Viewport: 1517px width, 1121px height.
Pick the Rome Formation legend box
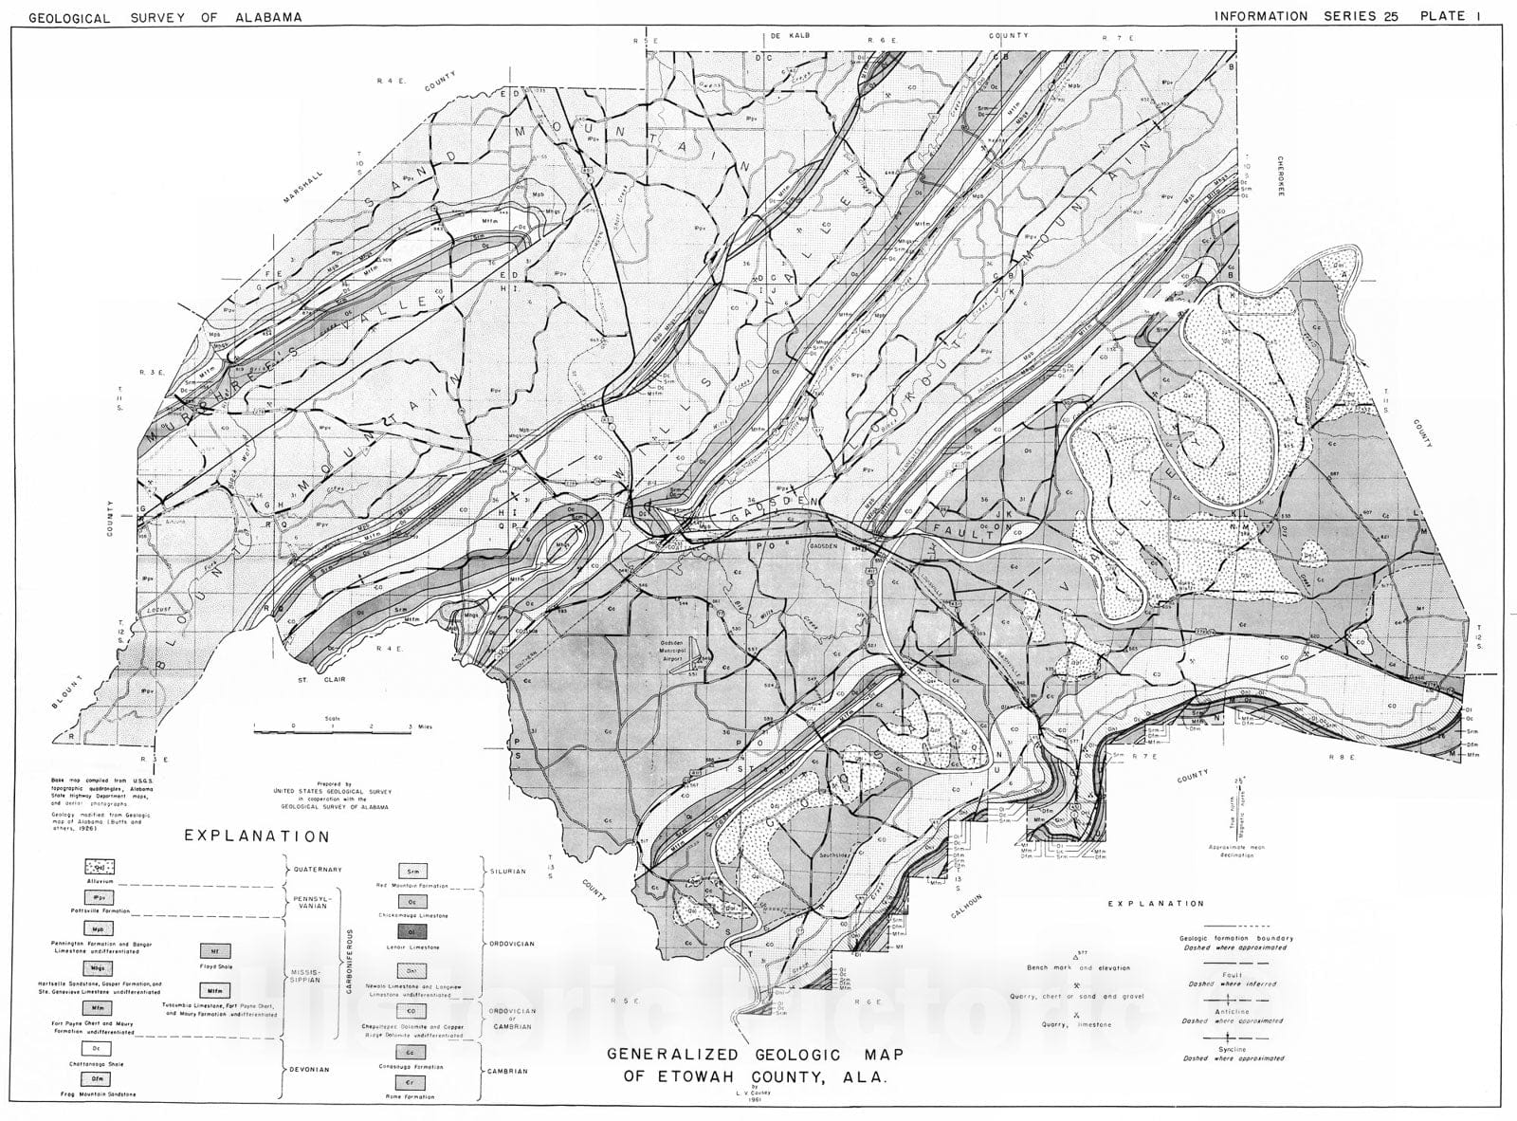coord(411,1083)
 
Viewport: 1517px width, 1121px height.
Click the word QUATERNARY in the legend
coord(317,869)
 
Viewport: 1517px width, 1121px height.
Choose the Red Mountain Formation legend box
coord(411,871)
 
